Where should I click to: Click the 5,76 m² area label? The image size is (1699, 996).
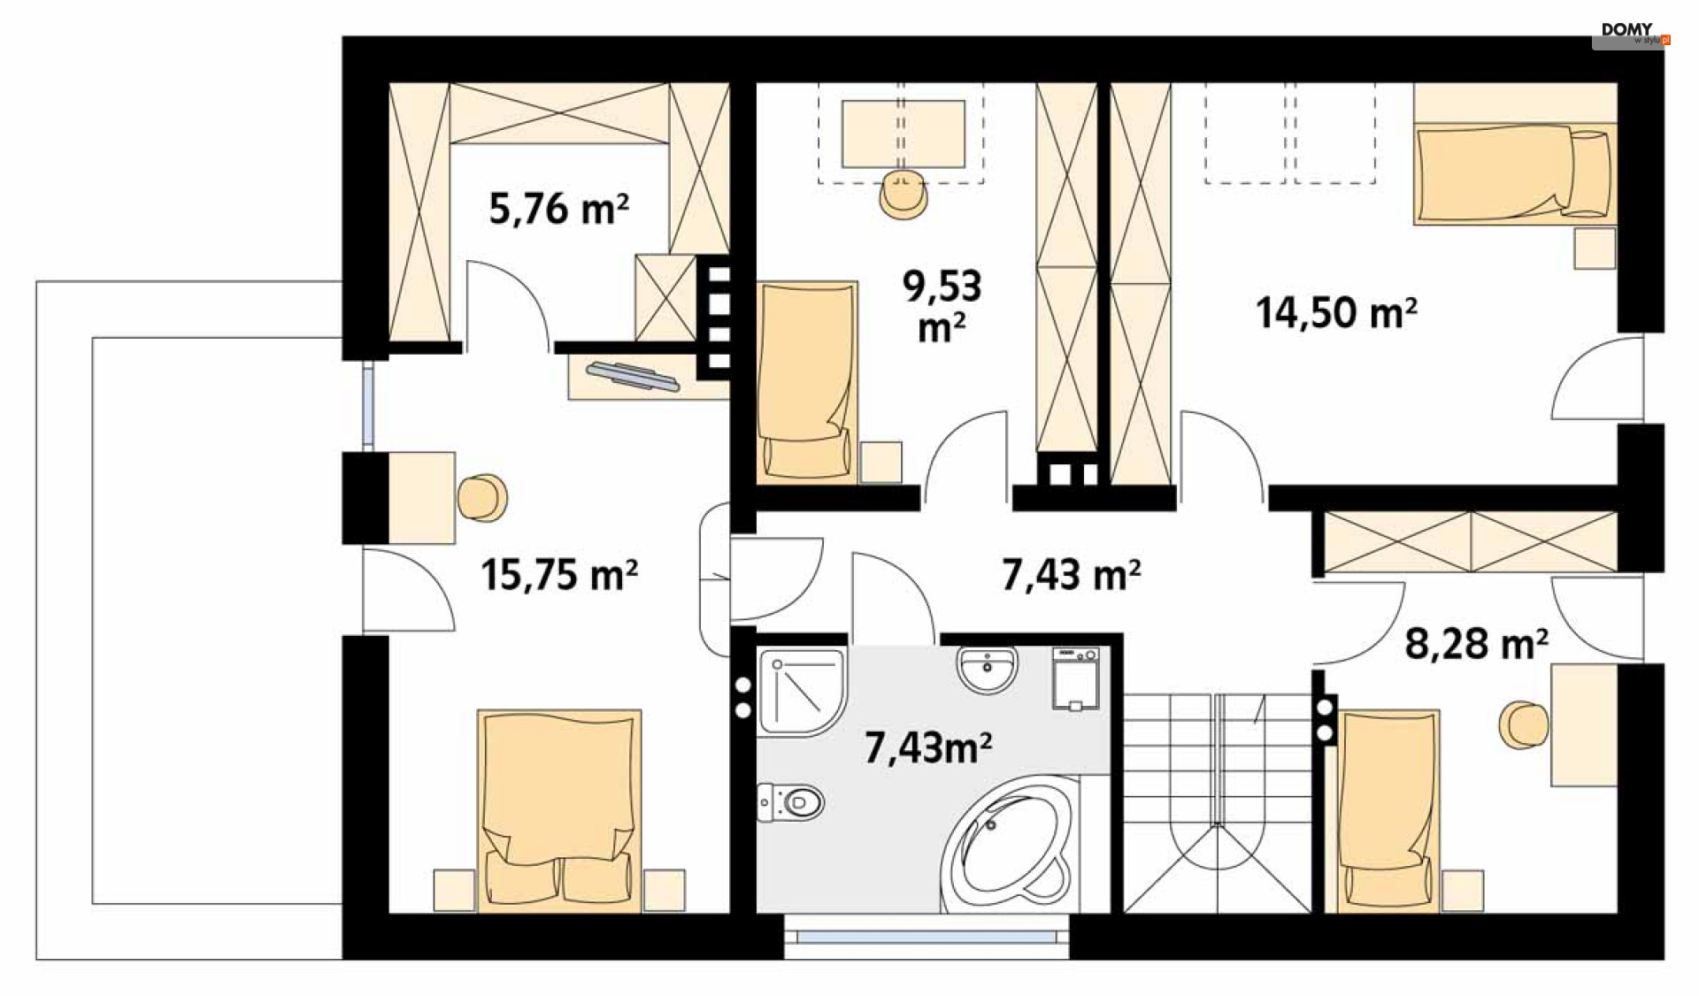tap(558, 210)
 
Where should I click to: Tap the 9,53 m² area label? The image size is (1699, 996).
tap(942, 306)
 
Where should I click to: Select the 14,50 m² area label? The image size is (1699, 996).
tap(1336, 313)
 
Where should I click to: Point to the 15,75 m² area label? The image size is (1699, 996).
tap(558, 575)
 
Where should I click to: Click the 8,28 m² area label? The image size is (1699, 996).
tap(1476, 644)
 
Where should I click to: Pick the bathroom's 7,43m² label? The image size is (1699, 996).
tap(927, 747)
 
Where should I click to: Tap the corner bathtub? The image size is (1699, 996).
tap(1009, 845)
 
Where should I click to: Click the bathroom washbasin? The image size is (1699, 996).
tap(987, 670)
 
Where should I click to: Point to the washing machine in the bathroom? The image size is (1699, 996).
tap(1076, 679)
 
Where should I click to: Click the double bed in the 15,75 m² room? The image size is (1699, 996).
tap(559, 810)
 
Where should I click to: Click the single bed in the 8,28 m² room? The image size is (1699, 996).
tap(1388, 810)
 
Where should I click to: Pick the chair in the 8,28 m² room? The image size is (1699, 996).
tap(1523, 725)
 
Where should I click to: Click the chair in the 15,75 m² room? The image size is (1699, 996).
tap(482, 497)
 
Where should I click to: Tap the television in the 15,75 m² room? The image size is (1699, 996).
tap(633, 376)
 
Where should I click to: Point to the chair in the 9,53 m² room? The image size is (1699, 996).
tap(903, 195)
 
